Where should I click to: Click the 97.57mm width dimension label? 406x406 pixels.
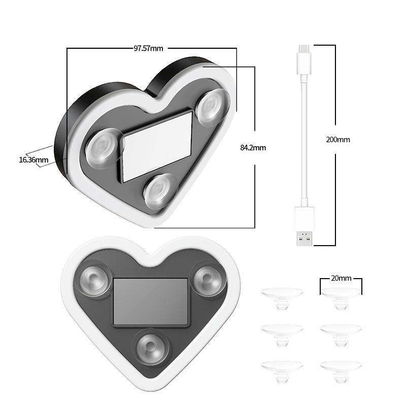148,49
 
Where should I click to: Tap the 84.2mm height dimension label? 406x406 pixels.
253,148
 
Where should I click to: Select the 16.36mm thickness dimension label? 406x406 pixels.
33,159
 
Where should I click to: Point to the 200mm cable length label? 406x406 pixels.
337,139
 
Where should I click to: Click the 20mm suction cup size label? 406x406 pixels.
341,278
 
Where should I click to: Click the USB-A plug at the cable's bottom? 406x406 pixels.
304,227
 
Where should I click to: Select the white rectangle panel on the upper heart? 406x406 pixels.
157,146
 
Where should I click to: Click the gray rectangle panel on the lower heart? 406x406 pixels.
150,302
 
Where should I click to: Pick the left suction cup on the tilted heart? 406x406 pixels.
104,148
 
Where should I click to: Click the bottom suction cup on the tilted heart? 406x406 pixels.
160,191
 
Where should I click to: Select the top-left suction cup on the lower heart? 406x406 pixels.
94,280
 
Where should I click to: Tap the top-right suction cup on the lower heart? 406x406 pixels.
208,280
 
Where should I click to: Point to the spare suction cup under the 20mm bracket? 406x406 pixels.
341,298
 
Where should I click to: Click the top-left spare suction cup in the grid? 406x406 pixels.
282,298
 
